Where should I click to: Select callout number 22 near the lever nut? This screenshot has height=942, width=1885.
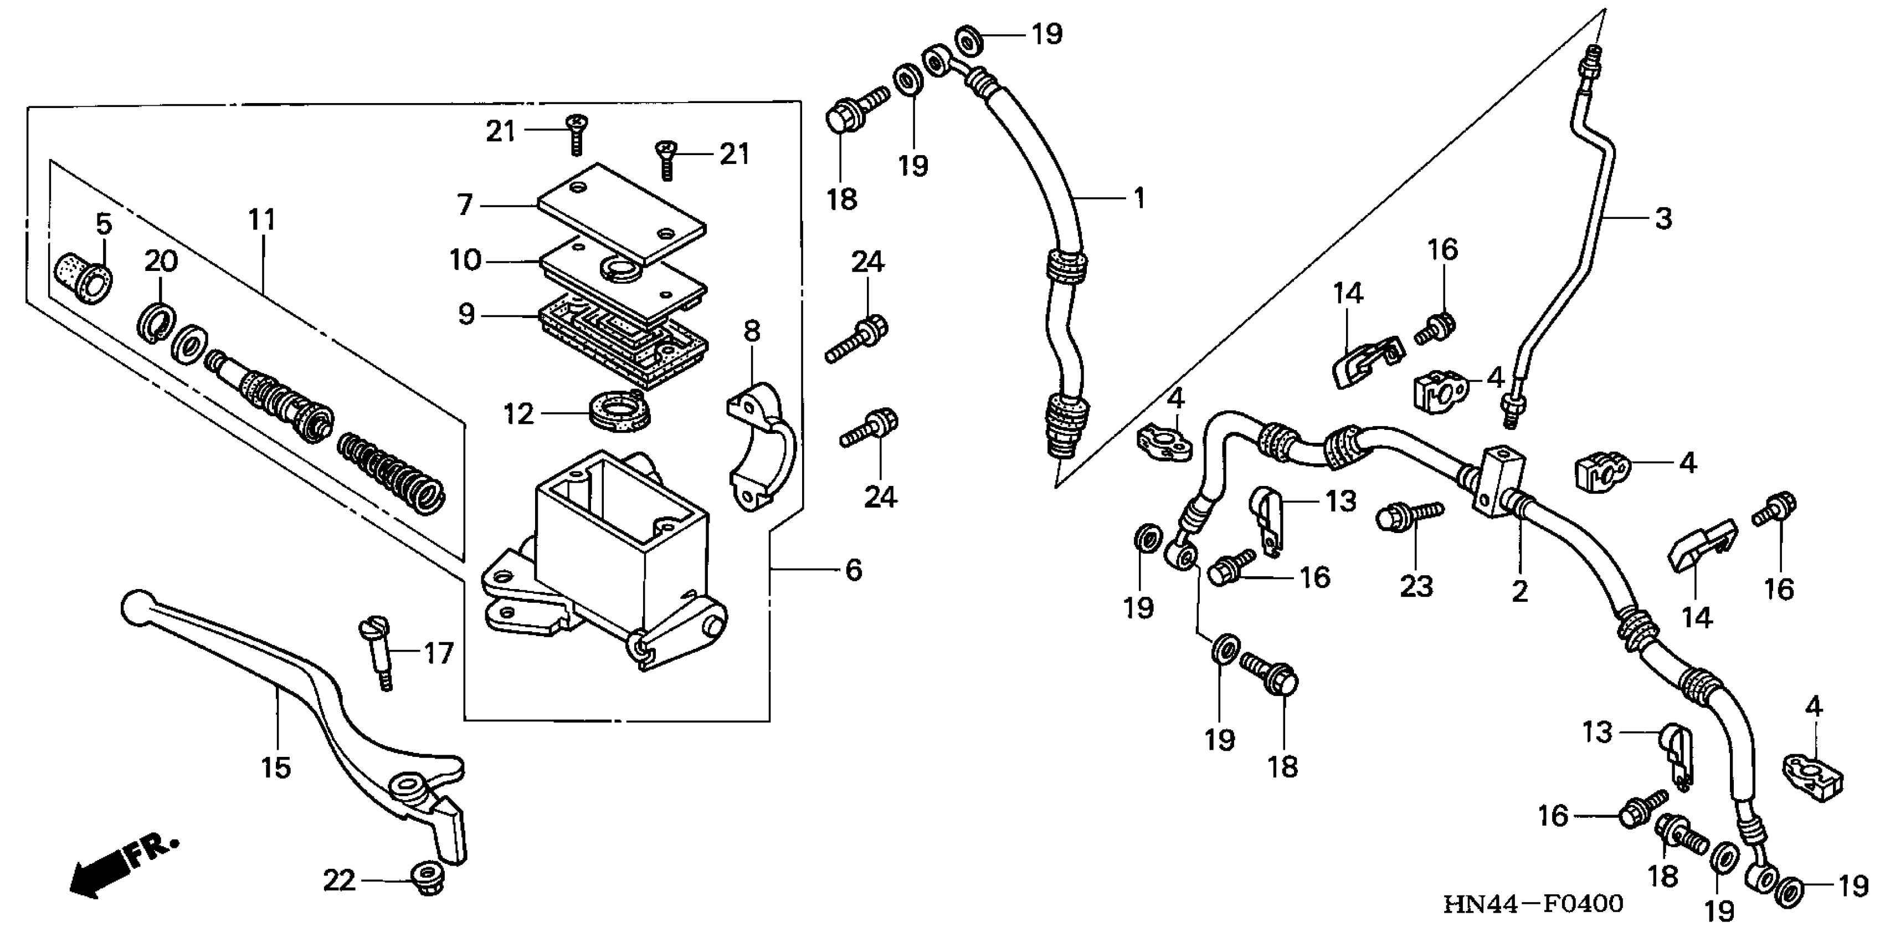coord(340,880)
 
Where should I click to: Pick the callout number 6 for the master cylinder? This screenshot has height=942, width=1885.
coord(853,570)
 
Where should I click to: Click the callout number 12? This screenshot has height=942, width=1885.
coord(519,414)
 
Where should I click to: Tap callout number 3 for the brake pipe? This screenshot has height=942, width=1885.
coord(1663,218)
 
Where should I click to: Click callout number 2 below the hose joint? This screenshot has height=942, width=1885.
coord(1520,591)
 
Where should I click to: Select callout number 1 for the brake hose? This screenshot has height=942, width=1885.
coord(1139,198)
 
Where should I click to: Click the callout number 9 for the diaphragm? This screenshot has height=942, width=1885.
coord(466,315)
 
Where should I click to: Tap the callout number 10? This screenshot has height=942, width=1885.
coord(465,260)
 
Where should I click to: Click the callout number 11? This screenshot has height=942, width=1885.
coord(261,219)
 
